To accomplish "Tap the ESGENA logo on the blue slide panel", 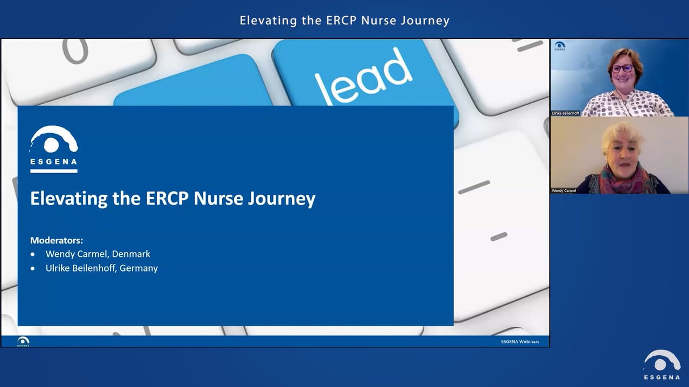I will click(x=53, y=148).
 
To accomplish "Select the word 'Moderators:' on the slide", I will click(x=57, y=240).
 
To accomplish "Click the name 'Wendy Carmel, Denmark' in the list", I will click(x=98, y=254).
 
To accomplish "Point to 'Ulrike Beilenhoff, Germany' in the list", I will click(x=102, y=268).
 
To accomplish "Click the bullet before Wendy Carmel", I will click(x=33, y=254).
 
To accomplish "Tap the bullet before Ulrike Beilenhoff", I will click(x=33, y=268).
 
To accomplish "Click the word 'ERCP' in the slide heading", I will click(x=167, y=198).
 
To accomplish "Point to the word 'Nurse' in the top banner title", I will click(x=379, y=20).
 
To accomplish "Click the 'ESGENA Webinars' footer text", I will click(x=519, y=341).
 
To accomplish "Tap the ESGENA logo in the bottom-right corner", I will click(x=662, y=365).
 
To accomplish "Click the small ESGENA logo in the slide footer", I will click(x=23, y=341).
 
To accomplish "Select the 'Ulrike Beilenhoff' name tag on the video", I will click(x=565, y=113).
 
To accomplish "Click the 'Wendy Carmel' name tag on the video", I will click(x=564, y=190).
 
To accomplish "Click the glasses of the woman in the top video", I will click(x=622, y=68).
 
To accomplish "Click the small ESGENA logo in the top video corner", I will click(x=560, y=46).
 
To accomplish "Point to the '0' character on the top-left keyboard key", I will click(x=75, y=51).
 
